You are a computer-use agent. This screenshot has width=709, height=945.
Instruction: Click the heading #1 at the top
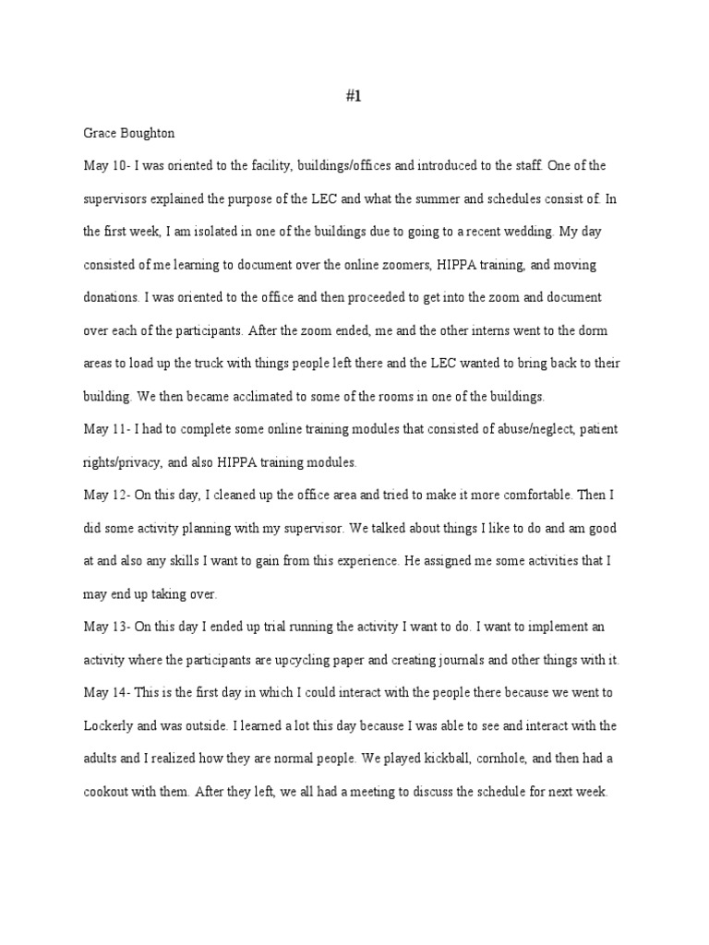click(x=354, y=100)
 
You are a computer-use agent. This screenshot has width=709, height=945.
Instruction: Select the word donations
click(x=113, y=298)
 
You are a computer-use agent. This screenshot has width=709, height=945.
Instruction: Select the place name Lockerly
click(x=111, y=725)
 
